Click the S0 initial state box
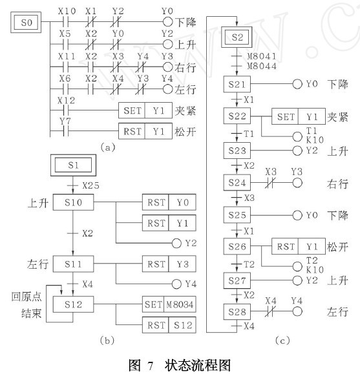(26, 23)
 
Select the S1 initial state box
(73, 165)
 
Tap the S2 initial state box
(237, 37)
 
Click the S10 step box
(73, 202)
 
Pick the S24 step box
(237, 183)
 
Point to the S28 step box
(237, 312)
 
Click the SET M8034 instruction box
(169, 304)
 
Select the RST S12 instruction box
(169, 325)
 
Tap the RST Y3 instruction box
(169, 264)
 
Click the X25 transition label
(90, 185)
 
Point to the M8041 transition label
(262, 56)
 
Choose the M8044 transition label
(262, 66)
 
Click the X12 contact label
(66, 101)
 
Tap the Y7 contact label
(65, 121)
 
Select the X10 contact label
(67, 11)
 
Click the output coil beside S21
(297, 84)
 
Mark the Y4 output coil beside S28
(297, 312)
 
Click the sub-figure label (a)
(108, 147)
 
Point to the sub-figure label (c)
(282, 340)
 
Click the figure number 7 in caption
(151, 366)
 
